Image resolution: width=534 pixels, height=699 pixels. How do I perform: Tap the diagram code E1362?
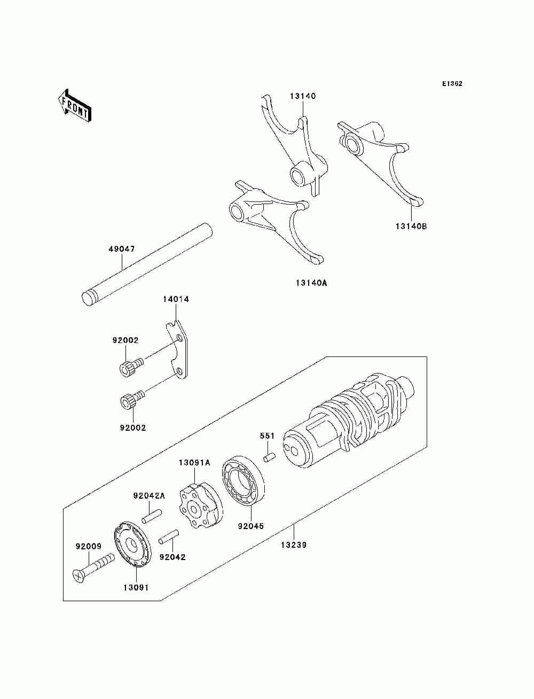pos(452,83)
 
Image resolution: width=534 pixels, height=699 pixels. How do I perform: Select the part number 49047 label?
pos(122,249)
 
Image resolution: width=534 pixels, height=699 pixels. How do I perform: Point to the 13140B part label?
pos(411,226)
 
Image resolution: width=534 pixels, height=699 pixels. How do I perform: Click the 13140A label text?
pos(311,283)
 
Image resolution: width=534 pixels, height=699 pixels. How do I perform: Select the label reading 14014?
pos(176,299)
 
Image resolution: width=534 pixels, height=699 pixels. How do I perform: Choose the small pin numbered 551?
pos(269,458)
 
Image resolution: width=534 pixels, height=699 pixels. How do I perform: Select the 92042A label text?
pos(149,495)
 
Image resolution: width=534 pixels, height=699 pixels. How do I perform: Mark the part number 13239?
pos(294,545)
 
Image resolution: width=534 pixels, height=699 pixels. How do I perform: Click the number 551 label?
pos(267,436)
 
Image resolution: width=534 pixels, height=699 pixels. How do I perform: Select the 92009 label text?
pos(88,546)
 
